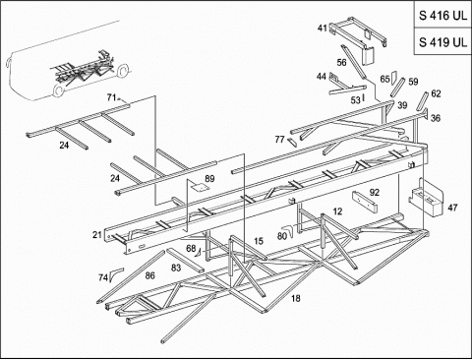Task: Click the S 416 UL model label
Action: pos(442,16)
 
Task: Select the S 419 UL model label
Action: pos(442,42)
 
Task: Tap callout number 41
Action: pos(323,29)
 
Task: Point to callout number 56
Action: pos(341,62)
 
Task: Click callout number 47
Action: pos(452,208)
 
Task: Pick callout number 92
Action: pos(375,193)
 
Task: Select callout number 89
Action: pos(209,179)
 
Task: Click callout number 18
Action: pos(295,298)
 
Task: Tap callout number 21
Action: pos(97,235)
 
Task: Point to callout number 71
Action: pos(112,97)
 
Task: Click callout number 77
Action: pos(279,140)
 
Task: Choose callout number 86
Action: pos(149,275)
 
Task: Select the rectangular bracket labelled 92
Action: pos(365,202)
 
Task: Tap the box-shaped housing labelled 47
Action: pos(426,198)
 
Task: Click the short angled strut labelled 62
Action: pos(422,101)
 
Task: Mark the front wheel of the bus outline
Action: pos(59,90)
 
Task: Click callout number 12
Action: pos(337,211)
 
